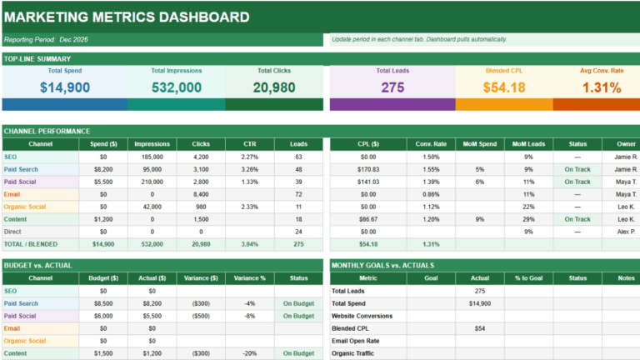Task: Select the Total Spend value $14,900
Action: pos(64,87)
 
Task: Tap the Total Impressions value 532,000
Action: pos(176,87)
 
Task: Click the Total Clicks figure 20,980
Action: pos(273,87)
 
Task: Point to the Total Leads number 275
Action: pos(392,87)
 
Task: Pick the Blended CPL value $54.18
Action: pos(504,87)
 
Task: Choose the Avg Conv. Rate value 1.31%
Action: pos(601,87)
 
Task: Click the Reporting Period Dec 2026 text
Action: pos(47,39)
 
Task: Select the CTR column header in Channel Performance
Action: pos(249,144)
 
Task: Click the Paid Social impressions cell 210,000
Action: pos(152,182)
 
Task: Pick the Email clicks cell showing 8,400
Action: pos(201,194)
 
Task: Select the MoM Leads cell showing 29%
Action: pos(527,219)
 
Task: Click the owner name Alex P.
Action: pos(627,232)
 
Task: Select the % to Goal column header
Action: pos(527,278)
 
